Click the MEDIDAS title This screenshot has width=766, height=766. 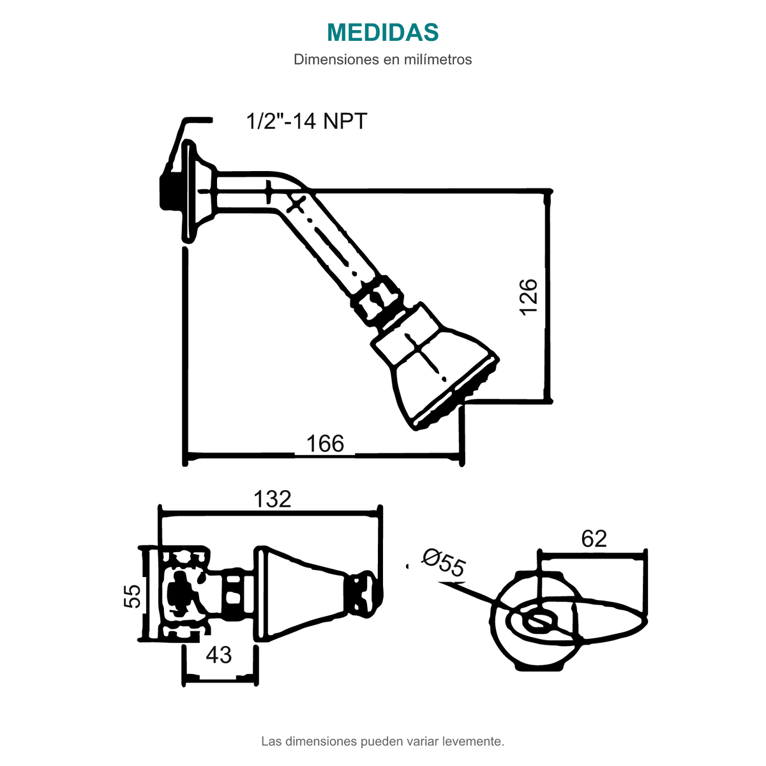(x=382, y=32)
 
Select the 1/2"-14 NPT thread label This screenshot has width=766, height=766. (x=306, y=121)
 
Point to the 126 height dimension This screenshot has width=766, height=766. (x=529, y=297)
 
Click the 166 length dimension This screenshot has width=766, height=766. (x=325, y=444)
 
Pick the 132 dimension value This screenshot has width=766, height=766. (x=273, y=499)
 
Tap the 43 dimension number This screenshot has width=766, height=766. (x=219, y=621)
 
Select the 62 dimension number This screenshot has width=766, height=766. (x=594, y=539)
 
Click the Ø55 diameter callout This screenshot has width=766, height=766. (x=443, y=562)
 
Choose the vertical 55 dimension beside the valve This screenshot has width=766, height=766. (x=133, y=596)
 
